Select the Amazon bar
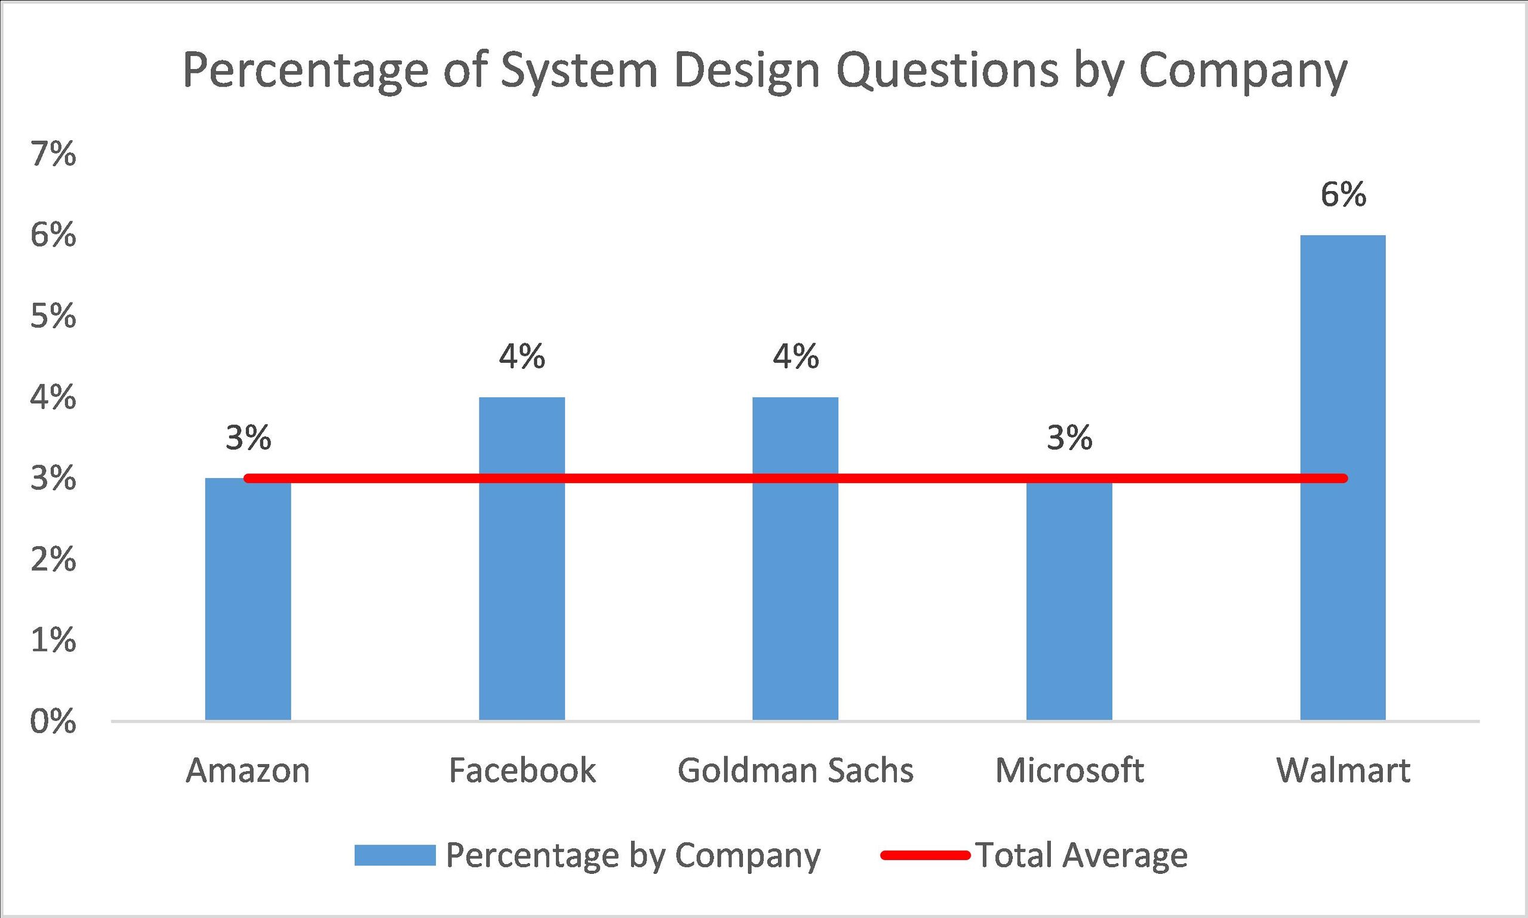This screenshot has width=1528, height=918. [248, 606]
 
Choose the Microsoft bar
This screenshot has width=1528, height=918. [1069, 606]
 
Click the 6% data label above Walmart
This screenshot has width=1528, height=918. [1343, 195]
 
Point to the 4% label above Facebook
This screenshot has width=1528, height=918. [522, 357]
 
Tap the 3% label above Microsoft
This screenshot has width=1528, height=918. [1069, 438]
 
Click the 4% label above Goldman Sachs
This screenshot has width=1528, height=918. [795, 357]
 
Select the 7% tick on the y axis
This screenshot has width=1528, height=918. [53, 155]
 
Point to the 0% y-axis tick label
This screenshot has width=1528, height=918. [53, 722]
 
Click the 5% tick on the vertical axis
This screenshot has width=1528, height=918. [53, 317]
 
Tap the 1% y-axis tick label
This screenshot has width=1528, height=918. [53, 641]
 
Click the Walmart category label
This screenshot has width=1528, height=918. [1343, 771]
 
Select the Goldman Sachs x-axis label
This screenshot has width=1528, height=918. [795, 771]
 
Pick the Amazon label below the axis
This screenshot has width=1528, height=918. [248, 771]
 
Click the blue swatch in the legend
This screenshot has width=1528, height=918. [395, 855]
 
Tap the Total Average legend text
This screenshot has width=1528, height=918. [1081, 855]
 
